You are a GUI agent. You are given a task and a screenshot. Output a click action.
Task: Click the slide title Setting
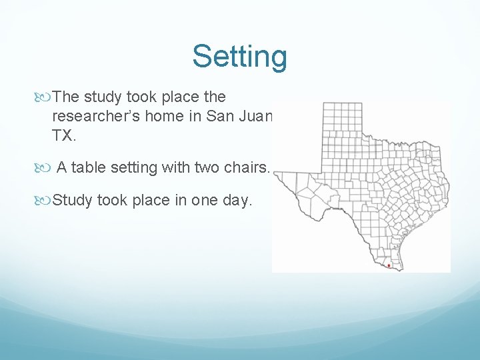240,57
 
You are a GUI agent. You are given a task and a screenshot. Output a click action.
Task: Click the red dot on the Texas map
389,265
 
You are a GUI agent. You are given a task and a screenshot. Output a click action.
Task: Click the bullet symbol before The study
45,97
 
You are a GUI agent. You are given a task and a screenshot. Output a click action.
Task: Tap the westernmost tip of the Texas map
277,175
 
